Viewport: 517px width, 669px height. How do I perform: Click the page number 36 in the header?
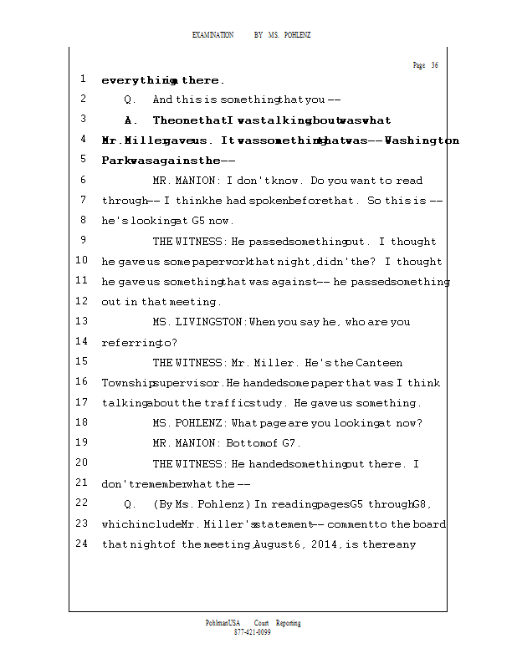click(434, 65)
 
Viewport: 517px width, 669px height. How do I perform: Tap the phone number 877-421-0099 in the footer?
click(252, 632)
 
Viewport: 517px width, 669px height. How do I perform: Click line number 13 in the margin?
click(82, 321)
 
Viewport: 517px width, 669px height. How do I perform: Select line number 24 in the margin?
click(82, 544)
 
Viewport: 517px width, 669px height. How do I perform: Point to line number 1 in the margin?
click(83, 79)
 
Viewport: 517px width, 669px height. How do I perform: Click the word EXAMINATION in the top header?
click(213, 35)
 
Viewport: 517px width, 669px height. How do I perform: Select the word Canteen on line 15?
click(379, 363)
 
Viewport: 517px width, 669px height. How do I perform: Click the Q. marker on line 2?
click(130, 100)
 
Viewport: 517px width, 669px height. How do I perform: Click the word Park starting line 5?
click(115, 161)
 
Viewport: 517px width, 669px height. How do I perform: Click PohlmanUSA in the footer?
click(223, 623)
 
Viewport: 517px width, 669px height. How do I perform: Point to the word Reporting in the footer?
click(288, 623)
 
